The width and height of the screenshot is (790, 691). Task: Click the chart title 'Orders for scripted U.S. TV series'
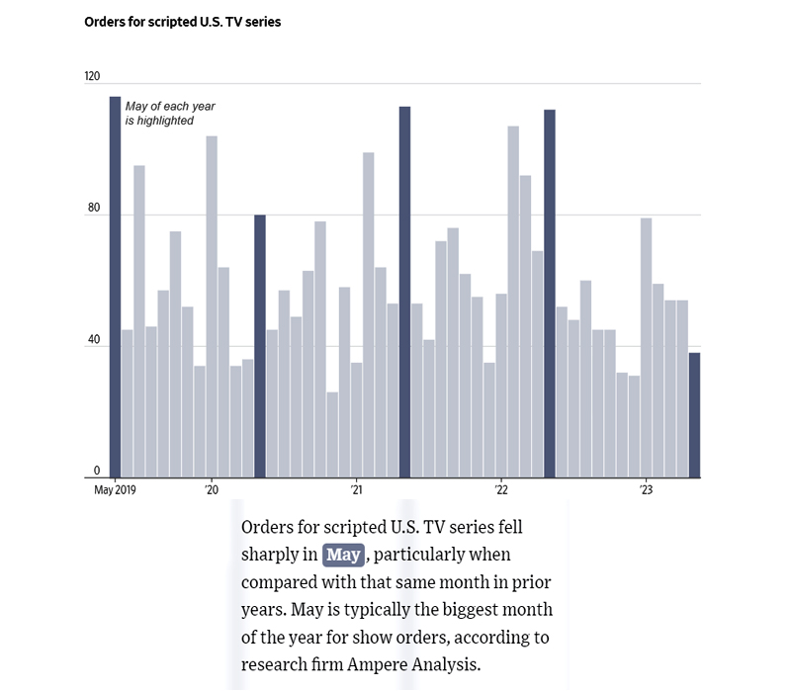pyautogui.click(x=183, y=22)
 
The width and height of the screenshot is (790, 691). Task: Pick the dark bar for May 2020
pyautogui.click(x=260, y=346)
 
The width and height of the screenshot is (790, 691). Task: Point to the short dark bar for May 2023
pyautogui.click(x=694, y=415)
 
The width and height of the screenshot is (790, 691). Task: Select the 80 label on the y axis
pyautogui.click(x=95, y=209)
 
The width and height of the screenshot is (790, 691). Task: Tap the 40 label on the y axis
pyautogui.click(x=95, y=340)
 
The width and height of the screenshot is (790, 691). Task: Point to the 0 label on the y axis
pyautogui.click(x=97, y=471)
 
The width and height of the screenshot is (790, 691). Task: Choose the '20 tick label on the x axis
pyautogui.click(x=212, y=489)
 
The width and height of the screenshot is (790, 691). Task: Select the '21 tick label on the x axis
pyautogui.click(x=356, y=489)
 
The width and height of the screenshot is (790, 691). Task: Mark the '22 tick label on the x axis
pyautogui.click(x=501, y=489)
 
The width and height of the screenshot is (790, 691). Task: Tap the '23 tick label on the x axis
pyautogui.click(x=646, y=489)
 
